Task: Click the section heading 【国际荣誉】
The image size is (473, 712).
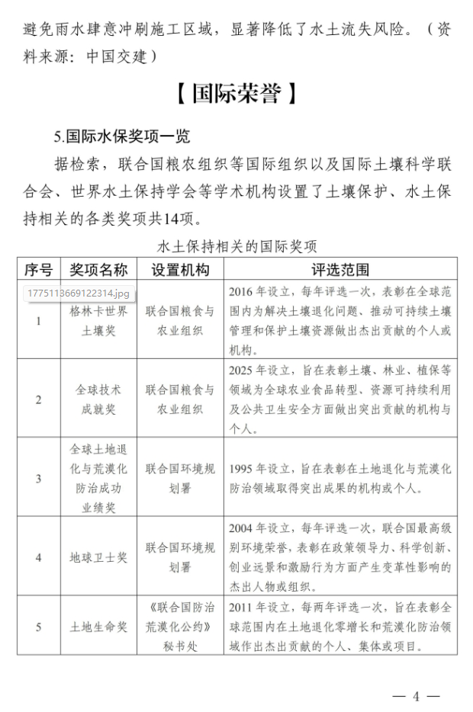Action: [236, 95]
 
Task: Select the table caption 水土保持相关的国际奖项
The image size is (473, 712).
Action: [236, 246]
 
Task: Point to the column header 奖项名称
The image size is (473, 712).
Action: [98, 269]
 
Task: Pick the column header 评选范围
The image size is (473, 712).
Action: [339, 269]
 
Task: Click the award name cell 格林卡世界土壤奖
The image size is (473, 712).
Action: [98, 321]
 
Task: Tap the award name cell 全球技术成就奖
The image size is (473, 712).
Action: [98, 399]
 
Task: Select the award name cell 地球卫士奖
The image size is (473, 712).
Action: [98, 557]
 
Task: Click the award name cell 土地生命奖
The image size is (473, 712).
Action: [98, 627]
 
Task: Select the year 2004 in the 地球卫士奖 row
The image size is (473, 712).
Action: [242, 528]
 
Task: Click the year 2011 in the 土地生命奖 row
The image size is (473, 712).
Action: [242, 608]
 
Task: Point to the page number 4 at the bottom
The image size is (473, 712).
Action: [417, 696]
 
